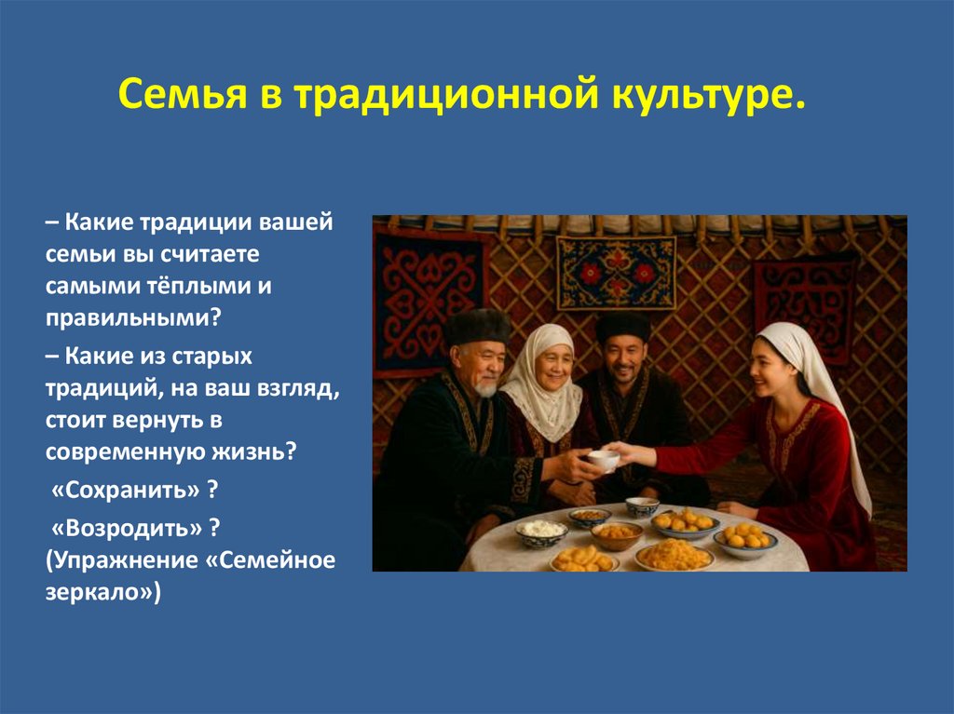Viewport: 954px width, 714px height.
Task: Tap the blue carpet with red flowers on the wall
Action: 617,272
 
